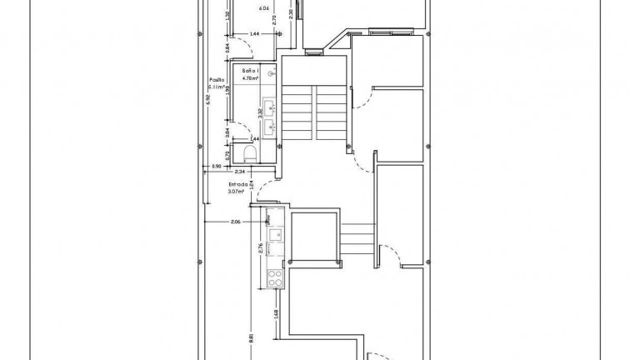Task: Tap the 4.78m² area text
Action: pyautogui.click(x=251, y=79)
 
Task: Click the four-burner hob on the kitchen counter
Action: pyautogui.click(x=275, y=276)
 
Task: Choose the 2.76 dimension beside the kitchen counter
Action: pyautogui.click(x=261, y=247)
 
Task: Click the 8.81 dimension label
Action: pyautogui.click(x=250, y=338)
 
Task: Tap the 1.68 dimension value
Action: pyautogui.click(x=276, y=314)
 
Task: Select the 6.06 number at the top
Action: pyautogui.click(x=265, y=9)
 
